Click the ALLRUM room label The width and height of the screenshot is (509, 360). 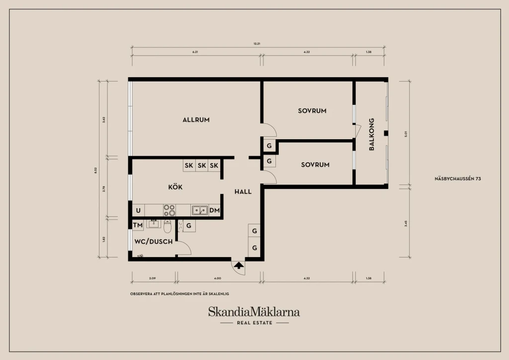point(196,120)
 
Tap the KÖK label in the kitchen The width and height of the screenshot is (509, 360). point(175,187)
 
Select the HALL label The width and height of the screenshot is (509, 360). point(243,191)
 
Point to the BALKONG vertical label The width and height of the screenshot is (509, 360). point(372,134)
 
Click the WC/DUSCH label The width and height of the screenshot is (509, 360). point(154,242)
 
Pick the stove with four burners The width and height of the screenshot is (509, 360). point(169,210)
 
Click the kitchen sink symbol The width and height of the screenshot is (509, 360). point(199,210)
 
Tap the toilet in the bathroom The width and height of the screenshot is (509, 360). point(168,226)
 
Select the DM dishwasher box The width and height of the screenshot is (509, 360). point(215,210)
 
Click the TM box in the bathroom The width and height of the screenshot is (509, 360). point(138,225)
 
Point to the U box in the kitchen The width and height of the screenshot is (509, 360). point(138,210)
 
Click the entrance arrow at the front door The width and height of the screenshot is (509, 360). point(239,266)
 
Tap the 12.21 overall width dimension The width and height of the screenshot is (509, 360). point(257,43)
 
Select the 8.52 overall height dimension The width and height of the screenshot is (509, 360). point(95,171)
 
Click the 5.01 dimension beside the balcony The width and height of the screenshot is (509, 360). point(406,134)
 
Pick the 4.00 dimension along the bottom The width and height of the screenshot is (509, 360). point(218,278)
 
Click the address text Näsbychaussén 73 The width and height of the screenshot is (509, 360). point(458,179)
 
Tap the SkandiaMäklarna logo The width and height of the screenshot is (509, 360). point(254,312)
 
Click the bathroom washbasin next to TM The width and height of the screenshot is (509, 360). point(154,224)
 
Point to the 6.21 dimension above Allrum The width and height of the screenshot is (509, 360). point(195,52)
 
